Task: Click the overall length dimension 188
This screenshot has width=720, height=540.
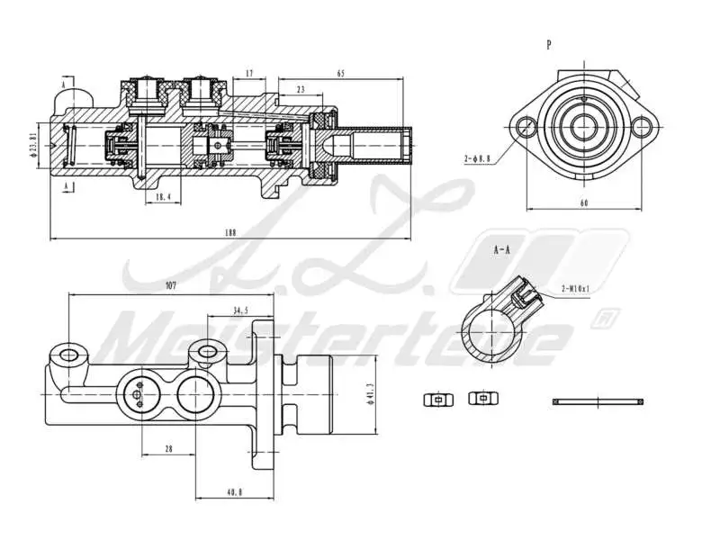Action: click(x=229, y=232)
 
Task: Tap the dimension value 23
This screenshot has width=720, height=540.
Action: click(x=299, y=89)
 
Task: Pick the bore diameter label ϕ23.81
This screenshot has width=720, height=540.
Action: click(x=33, y=144)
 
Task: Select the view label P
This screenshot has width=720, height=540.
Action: click(x=549, y=43)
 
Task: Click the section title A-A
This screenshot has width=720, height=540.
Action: click(x=502, y=250)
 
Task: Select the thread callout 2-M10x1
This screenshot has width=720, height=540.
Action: click(x=574, y=288)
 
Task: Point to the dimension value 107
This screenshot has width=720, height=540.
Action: click(x=170, y=286)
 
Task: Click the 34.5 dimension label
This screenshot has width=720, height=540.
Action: click(x=240, y=310)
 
